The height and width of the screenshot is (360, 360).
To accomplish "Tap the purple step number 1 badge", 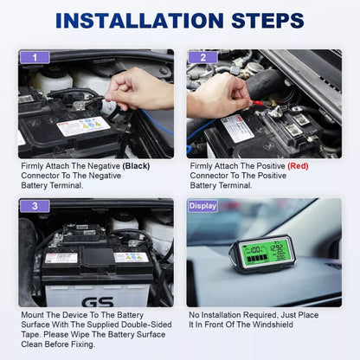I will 35,57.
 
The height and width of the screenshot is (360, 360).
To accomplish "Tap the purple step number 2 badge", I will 202,57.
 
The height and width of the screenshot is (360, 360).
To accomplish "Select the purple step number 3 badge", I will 35,206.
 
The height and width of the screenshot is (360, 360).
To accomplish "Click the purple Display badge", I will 202,206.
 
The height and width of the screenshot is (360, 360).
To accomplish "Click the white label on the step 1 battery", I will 83,127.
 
